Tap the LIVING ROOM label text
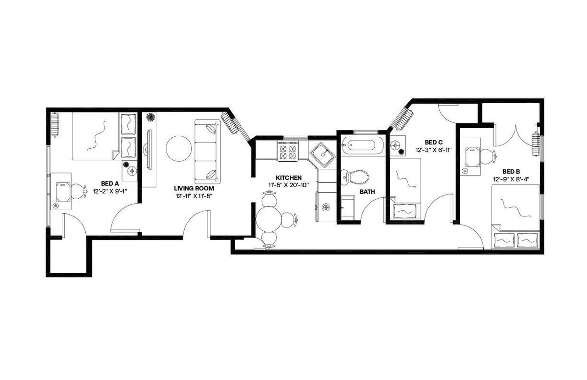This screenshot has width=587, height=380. (194, 188)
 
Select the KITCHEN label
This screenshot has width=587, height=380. (288, 178)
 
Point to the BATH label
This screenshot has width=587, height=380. (367, 192)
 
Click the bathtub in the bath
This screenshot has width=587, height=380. (362, 146)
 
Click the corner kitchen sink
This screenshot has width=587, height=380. (325, 154)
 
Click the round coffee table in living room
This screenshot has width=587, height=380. (179, 148)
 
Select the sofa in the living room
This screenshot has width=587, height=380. (208, 151)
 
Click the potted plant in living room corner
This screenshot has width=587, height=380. (150, 117)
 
